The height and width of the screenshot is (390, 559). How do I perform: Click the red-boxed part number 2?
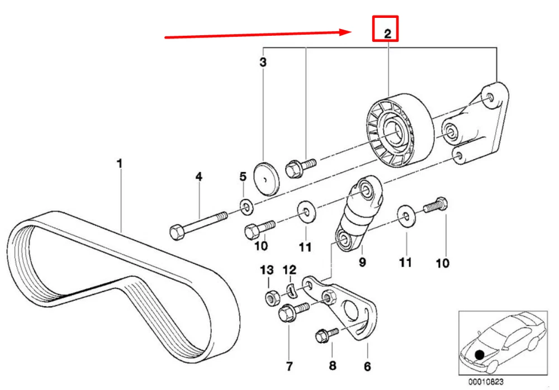[386, 33]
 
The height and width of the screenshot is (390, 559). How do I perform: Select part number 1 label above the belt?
[119, 164]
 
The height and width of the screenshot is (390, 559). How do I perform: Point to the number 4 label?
[198, 177]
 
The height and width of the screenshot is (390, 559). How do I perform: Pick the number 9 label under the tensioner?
[362, 261]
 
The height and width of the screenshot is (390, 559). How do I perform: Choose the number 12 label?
[289, 270]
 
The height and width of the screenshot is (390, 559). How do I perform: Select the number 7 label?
[289, 367]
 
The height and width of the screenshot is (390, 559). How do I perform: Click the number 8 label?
[333, 366]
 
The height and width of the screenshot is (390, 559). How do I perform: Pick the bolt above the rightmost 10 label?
[436, 206]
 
